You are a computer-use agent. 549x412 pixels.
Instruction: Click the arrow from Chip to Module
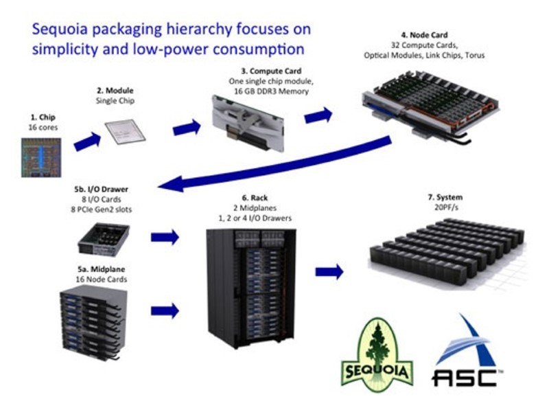[x=86, y=141]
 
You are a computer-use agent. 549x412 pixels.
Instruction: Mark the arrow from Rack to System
[x=329, y=271]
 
